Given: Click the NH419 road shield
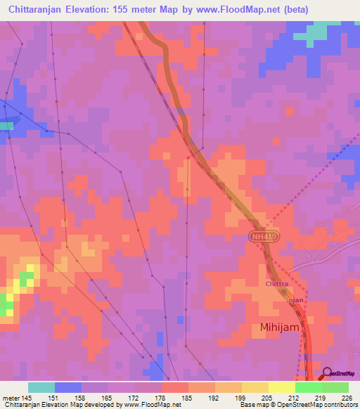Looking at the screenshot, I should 264,239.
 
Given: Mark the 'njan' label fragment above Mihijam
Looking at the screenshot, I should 297,299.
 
